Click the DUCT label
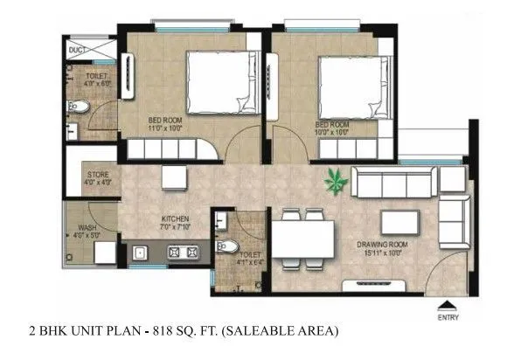tap(78, 51)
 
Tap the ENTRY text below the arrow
tap(448, 318)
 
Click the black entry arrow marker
tap(448, 306)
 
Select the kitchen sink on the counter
tap(140, 253)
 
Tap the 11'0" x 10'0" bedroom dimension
tap(167, 127)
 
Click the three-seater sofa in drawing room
tap(393, 183)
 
